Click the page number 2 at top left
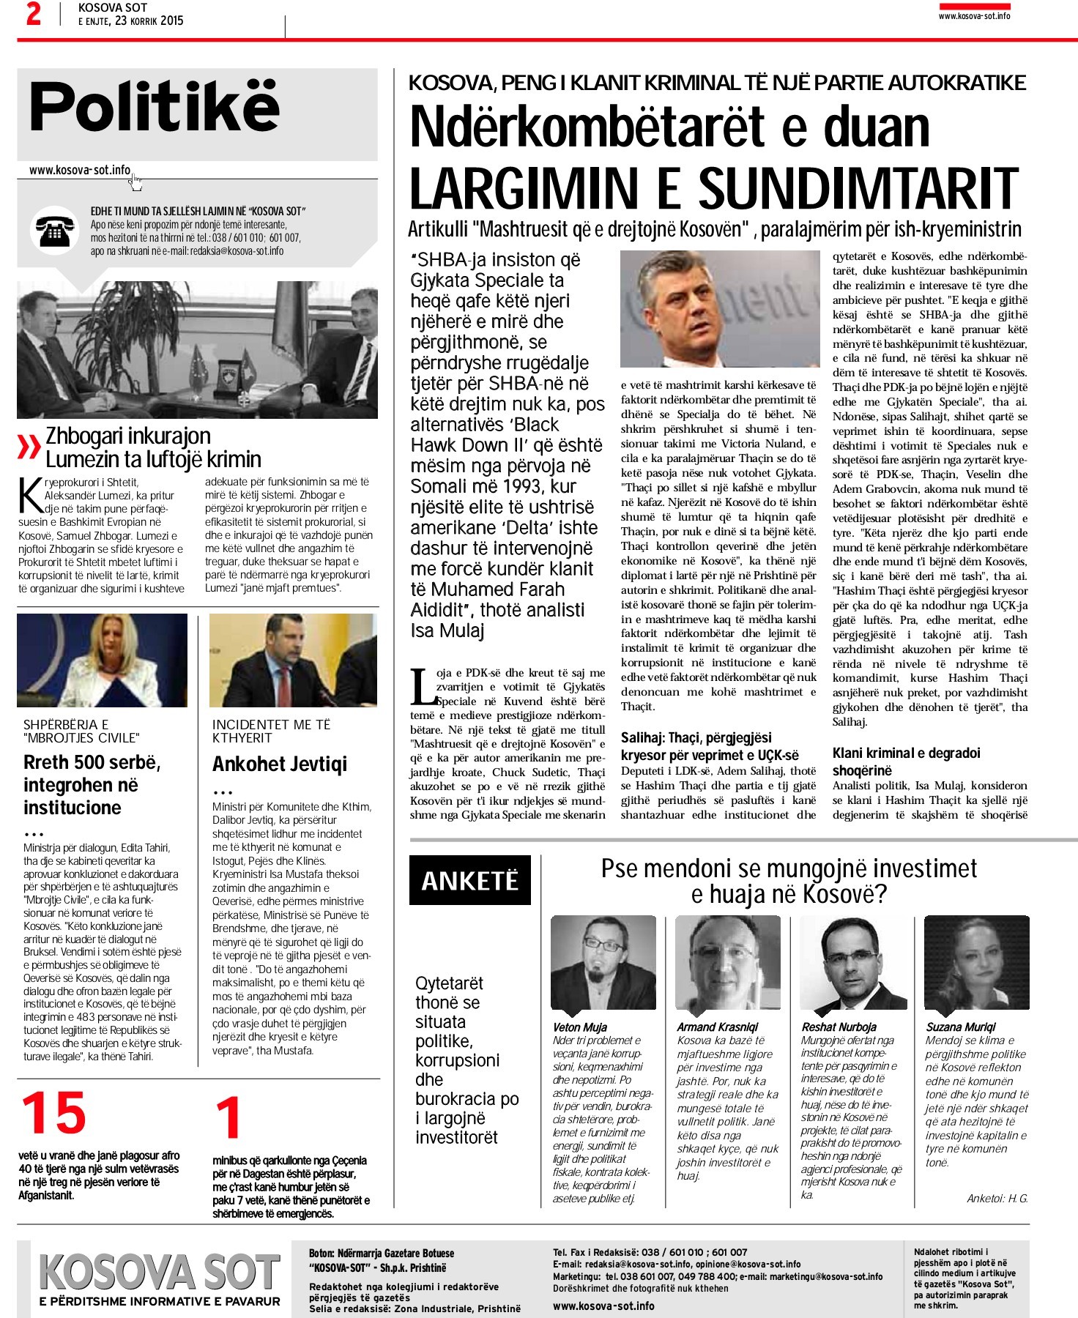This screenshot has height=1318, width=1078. (x=33, y=14)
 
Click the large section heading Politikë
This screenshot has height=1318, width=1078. (x=155, y=107)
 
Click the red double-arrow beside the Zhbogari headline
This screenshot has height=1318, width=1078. (x=29, y=447)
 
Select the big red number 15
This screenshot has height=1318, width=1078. (x=54, y=1114)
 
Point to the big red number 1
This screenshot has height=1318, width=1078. (x=228, y=1117)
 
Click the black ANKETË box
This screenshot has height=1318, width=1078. (x=469, y=880)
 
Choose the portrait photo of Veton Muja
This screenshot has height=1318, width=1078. (x=603, y=963)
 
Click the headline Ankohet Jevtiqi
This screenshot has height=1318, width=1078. (x=280, y=764)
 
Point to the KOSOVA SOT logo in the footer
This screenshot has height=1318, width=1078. (x=159, y=1272)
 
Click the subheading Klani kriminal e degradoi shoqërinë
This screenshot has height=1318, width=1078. (x=906, y=762)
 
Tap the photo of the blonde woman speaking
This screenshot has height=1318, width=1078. (x=102, y=660)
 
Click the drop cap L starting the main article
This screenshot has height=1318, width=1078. (x=422, y=687)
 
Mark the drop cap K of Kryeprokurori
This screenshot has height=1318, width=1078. (x=31, y=496)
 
